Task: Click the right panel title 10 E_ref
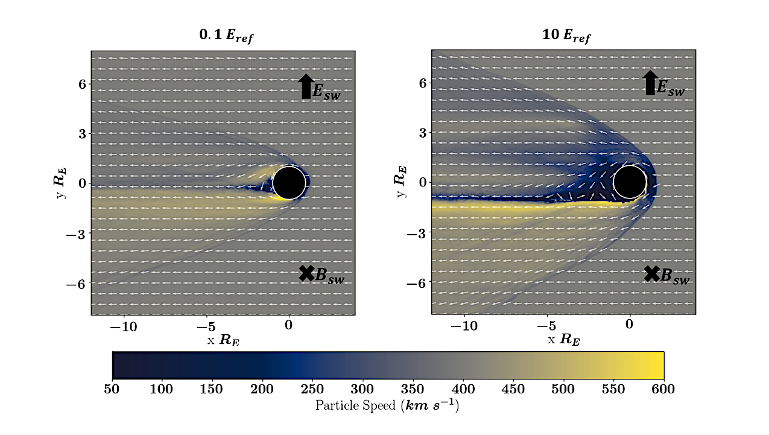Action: point(566,37)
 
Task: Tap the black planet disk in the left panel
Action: point(289,183)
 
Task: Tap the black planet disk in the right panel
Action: point(630,182)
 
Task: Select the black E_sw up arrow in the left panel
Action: point(306,86)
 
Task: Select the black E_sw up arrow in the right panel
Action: point(650,83)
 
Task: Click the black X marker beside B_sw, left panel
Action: point(306,273)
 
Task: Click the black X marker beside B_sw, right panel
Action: point(651,273)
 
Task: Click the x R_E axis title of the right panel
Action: point(564,340)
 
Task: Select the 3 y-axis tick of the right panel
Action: point(423,133)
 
